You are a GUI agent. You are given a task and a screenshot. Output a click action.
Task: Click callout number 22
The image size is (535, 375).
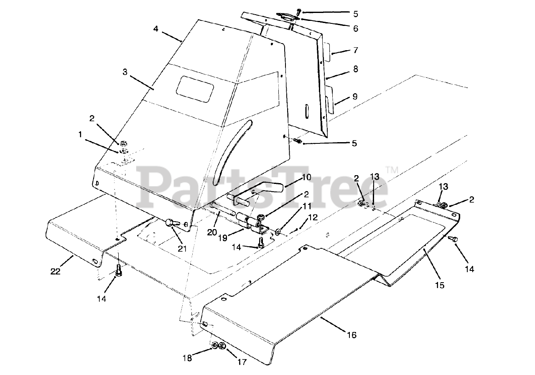pos(56,271)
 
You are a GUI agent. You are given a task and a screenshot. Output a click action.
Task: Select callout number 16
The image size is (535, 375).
pos(352,335)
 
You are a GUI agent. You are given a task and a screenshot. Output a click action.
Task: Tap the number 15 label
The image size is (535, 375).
pos(439,286)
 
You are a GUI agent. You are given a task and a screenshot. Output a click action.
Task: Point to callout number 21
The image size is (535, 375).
pos(183,250)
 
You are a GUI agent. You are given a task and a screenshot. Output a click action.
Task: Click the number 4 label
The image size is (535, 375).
pos(156,29)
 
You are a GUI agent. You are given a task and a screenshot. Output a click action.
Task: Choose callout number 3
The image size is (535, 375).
pos(125,72)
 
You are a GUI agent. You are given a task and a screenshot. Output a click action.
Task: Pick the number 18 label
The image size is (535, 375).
pos(187,358)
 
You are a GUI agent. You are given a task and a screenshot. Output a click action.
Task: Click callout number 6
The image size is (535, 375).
pos(356,28)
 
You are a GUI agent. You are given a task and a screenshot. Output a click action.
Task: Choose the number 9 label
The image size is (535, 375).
pos(355,97)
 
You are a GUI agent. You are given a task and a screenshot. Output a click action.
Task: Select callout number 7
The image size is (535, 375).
pos(356,50)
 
